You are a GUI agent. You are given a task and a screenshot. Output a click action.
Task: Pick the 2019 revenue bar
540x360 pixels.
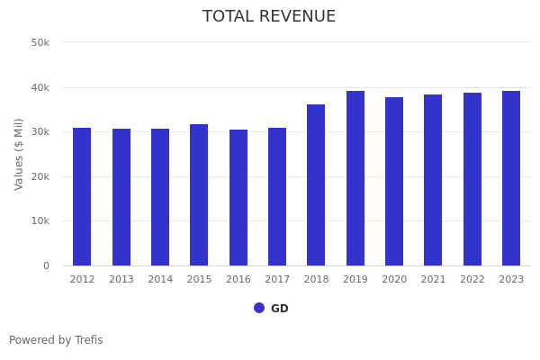click(x=355, y=178)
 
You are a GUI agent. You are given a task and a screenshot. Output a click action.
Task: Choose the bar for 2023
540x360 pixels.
click(x=511, y=178)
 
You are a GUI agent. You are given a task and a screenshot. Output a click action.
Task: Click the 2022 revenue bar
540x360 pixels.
click(x=472, y=179)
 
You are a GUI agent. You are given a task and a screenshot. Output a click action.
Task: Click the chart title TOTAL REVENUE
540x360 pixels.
click(x=269, y=17)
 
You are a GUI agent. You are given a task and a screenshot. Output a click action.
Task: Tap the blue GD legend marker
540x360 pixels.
click(x=259, y=308)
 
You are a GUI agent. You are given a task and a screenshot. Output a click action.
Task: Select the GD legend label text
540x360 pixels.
click(x=280, y=309)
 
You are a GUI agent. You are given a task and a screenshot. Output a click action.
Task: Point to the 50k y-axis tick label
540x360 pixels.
click(x=40, y=42)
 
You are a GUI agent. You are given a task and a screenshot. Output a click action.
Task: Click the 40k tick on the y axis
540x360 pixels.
click(x=40, y=87)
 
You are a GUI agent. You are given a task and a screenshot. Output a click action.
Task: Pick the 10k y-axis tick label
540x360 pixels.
click(x=40, y=221)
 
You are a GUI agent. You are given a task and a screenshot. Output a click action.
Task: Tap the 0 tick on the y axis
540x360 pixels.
click(x=45, y=265)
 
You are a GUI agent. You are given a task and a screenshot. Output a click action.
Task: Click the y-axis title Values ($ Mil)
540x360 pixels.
click(x=20, y=154)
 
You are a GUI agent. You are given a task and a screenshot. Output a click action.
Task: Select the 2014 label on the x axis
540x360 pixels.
click(x=160, y=280)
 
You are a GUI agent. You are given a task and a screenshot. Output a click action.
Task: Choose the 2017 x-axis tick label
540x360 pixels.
click(x=277, y=280)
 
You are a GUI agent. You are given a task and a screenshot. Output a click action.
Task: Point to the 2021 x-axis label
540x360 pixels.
click(x=433, y=280)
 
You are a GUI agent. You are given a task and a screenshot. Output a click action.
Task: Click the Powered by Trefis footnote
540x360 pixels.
click(x=56, y=340)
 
